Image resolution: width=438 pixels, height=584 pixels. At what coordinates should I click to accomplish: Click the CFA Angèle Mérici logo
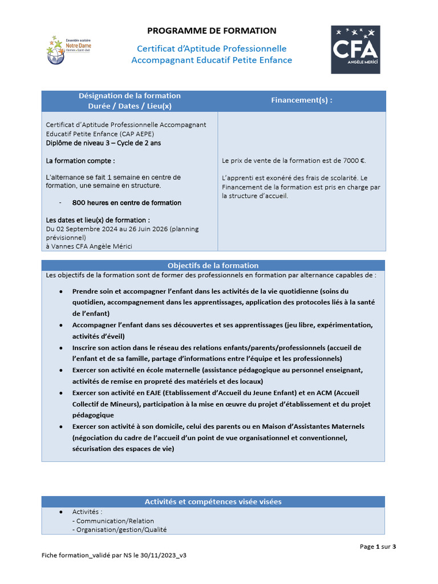point(355,49)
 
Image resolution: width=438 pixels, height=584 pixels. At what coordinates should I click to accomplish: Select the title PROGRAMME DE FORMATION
point(212,31)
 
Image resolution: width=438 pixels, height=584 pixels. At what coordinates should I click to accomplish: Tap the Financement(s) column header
point(301,100)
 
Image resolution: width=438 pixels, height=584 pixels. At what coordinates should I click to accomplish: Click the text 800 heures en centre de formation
point(127,203)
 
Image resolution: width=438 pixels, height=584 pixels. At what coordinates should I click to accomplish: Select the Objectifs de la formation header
point(213,266)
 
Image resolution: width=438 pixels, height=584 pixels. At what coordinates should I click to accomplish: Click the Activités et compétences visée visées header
point(213,502)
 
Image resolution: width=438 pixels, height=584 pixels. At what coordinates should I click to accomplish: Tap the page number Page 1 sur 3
point(378,546)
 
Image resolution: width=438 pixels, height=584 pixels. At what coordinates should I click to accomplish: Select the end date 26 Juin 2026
point(152,229)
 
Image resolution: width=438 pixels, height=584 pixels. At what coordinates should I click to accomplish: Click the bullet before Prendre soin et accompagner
point(61,291)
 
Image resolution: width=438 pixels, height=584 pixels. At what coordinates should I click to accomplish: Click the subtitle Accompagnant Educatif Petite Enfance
point(212,60)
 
